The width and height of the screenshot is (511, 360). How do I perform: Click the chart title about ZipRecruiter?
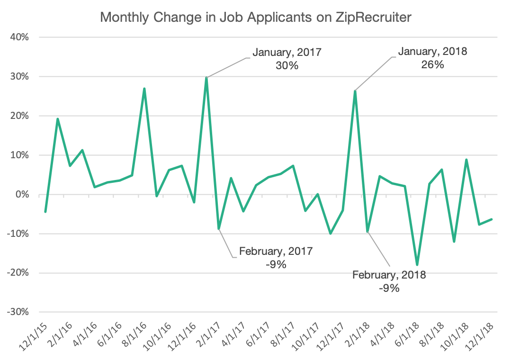256,18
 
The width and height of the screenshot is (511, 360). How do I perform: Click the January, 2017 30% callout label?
287,59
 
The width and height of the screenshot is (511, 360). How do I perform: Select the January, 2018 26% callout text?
432,58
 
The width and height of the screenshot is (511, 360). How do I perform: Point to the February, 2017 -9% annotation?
276,258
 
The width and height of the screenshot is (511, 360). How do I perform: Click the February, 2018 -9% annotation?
389,281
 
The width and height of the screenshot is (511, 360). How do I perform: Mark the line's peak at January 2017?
206,78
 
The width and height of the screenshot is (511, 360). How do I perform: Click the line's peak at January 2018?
355,91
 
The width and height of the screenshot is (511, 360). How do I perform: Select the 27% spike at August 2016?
144,89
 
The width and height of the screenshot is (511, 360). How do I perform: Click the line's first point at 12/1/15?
45,211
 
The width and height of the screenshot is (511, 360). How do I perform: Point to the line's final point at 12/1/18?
491,219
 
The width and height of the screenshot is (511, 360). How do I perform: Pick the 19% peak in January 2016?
58,119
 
